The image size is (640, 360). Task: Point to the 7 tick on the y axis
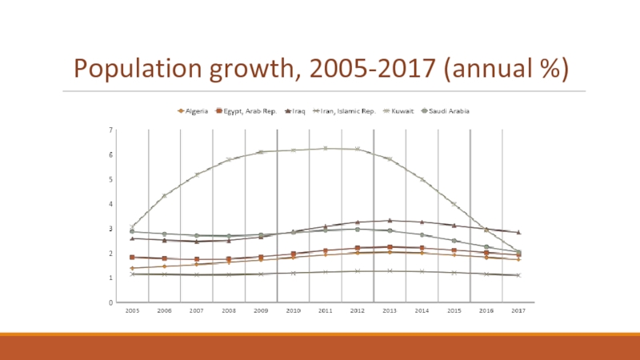pyautogui.click(x=110, y=129)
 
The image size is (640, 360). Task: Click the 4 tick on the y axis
pyautogui.click(x=110, y=203)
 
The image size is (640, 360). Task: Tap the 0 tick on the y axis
pyautogui.click(x=110, y=302)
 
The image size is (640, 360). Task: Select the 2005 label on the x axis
pyautogui.click(x=132, y=310)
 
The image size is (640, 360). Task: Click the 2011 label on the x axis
pyautogui.click(x=325, y=310)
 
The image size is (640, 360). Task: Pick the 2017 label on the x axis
pyautogui.click(x=518, y=310)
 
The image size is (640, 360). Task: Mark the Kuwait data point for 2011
pyautogui.click(x=325, y=148)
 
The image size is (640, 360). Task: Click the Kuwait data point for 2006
pyautogui.click(x=164, y=195)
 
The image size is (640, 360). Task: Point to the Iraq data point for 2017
pyautogui.click(x=518, y=232)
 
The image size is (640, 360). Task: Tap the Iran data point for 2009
pyautogui.click(x=261, y=274)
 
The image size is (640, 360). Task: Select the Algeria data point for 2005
pyautogui.click(x=132, y=268)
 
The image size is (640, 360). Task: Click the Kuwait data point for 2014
pyautogui.click(x=422, y=179)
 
